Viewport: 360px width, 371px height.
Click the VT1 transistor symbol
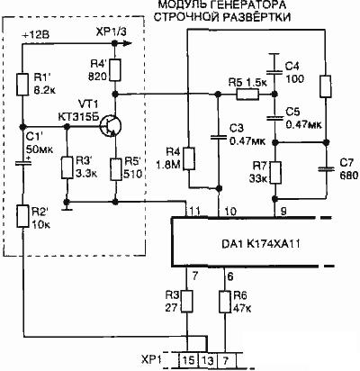(x=111, y=126)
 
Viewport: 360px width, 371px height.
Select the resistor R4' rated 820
(x=114, y=70)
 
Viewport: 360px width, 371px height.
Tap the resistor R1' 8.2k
(x=22, y=85)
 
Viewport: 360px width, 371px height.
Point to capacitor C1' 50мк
(x=22, y=163)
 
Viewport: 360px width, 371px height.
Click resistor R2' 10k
(x=22, y=216)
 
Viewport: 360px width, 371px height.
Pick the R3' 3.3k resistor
(x=67, y=167)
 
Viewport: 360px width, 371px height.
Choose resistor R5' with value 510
(x=115, y=169)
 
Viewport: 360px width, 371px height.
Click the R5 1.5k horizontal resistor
(x=247, y=95)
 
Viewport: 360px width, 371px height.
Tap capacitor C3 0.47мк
(x=219, y=137)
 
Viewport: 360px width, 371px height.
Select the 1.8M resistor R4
(x=189, y=158)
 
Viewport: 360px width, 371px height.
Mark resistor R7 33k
(x=275, y=173)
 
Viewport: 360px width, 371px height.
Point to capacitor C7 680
(x=326, y=169)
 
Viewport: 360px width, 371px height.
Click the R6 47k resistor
(x=225, y=302)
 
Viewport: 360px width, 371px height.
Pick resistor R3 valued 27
(x=187, y=302)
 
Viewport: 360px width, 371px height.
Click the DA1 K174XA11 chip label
(x=261, y=244)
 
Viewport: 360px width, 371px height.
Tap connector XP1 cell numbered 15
(x=189, y=360)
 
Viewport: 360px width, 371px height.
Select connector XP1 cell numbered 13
(x=208, y=360)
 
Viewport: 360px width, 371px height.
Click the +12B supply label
(x=36, y=35)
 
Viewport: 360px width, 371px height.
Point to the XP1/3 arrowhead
(x=128, y=44)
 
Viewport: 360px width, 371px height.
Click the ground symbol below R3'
(x=67, y=207)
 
